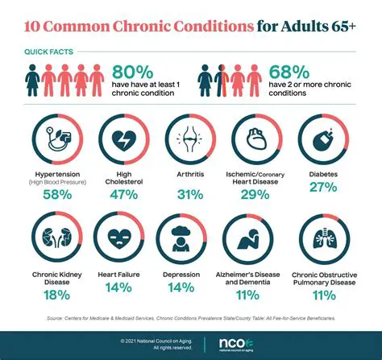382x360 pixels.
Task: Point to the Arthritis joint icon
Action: (x=190, y=139)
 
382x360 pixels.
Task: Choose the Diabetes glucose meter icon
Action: (x=326, y=139)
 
